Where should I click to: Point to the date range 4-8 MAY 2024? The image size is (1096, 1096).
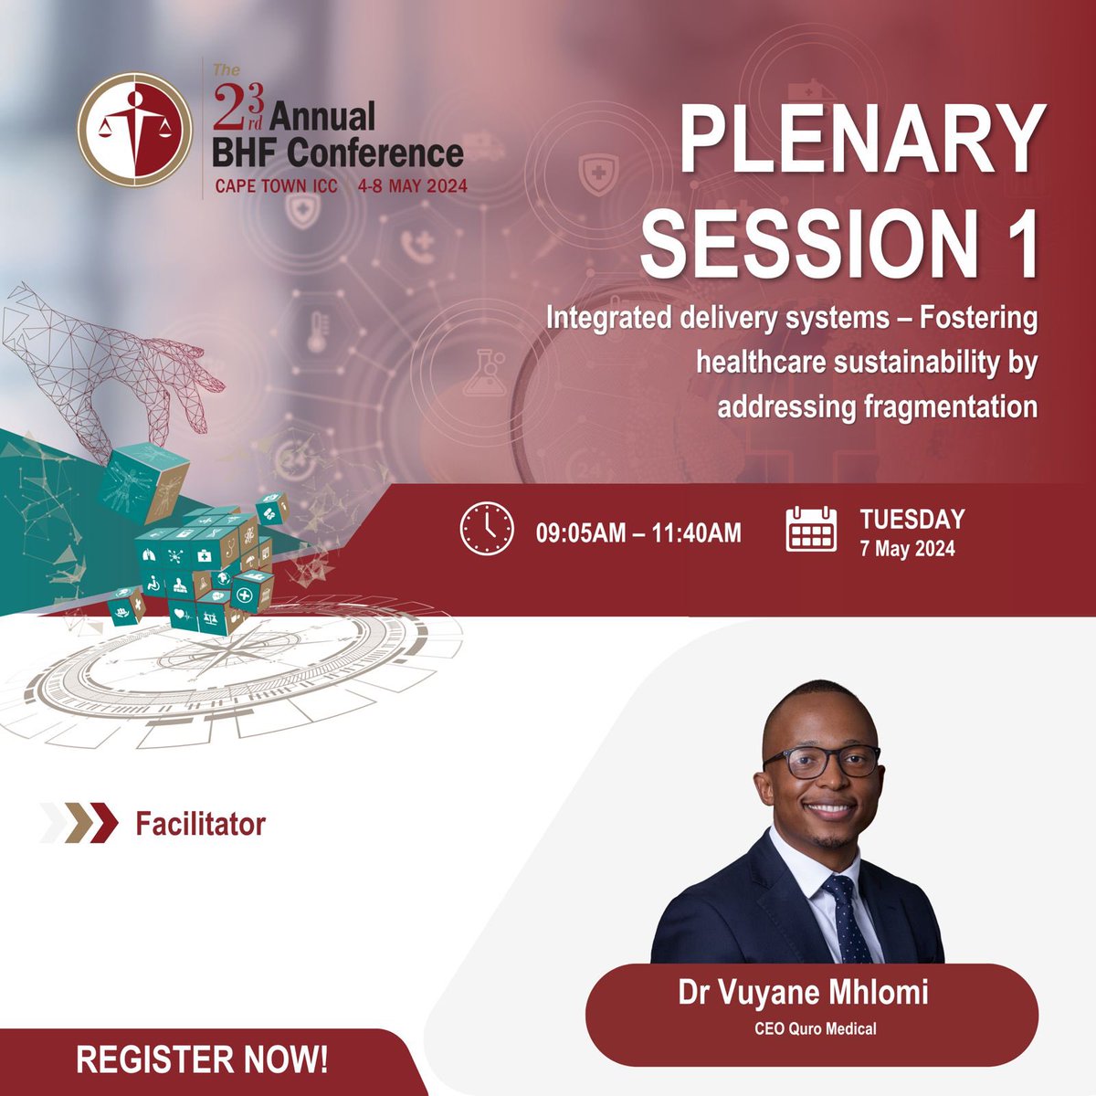tap(414, 185)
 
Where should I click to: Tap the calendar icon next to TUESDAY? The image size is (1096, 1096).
tap(811, 529)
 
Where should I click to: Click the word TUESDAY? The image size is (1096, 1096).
tap(912, 520)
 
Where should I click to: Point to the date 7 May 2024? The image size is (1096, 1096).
tap(907, 549)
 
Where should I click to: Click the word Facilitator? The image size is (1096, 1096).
tap(200, 824)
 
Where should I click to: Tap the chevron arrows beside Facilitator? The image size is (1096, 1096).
tap(79, 823)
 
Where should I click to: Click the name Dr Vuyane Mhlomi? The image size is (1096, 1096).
tap(803, 994)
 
